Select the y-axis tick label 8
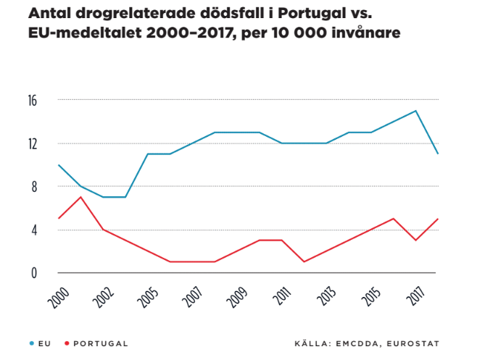[32, 187]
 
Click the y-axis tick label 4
[32, 230]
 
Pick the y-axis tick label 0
[32, 273]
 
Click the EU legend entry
[42, 343]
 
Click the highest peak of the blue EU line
[415, 111]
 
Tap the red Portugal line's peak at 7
[80, 197]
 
